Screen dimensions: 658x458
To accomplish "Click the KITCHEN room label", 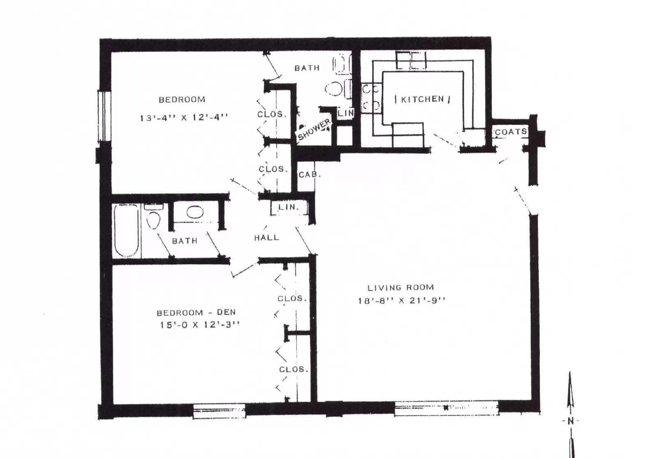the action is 422,99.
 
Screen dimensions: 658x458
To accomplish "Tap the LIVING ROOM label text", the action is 401,287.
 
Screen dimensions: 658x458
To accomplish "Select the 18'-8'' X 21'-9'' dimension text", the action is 401,300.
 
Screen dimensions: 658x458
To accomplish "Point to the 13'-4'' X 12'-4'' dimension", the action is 184,118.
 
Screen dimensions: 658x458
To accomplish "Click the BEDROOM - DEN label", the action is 196,312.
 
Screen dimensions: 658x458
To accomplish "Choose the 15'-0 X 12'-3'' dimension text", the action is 200,325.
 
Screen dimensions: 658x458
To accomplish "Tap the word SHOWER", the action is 314,130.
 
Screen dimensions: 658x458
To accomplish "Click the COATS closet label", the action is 511,132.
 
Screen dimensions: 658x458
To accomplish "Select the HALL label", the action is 266,237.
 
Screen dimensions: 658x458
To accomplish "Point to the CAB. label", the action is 310,174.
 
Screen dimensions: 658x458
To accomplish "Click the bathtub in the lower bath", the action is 126,231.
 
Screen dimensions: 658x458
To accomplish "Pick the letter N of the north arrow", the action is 570,421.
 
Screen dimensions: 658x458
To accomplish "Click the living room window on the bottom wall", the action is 447,408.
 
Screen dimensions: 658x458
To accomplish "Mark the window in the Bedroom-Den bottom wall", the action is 219,411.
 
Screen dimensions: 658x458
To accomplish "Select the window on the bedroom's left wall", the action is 104,116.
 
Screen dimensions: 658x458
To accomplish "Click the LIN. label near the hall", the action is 288,207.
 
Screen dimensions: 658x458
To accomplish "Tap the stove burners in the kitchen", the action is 371,98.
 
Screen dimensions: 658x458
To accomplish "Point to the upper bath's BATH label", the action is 307,68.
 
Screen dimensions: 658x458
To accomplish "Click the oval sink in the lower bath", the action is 195,212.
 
